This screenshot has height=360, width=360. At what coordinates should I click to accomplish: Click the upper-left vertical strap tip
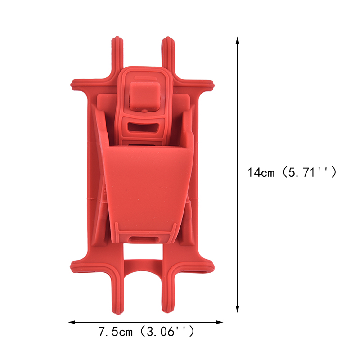[x=117, y=39]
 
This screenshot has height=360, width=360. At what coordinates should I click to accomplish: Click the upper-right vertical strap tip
[x=168, y=39]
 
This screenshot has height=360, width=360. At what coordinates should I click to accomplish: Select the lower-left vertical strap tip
[x=117, y=312]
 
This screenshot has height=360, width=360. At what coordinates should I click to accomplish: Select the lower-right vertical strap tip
[x=168, y=310]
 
